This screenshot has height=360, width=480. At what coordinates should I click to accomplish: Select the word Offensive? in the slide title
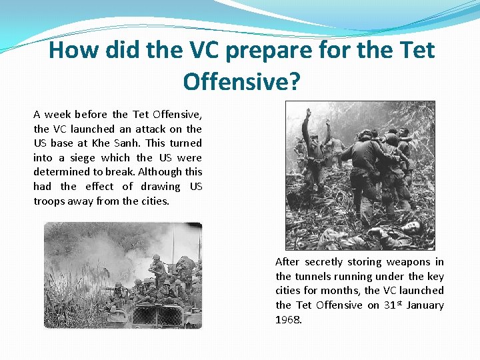242,81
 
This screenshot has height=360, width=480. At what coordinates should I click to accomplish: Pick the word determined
60,172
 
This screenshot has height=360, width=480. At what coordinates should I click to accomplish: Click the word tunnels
313,277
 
